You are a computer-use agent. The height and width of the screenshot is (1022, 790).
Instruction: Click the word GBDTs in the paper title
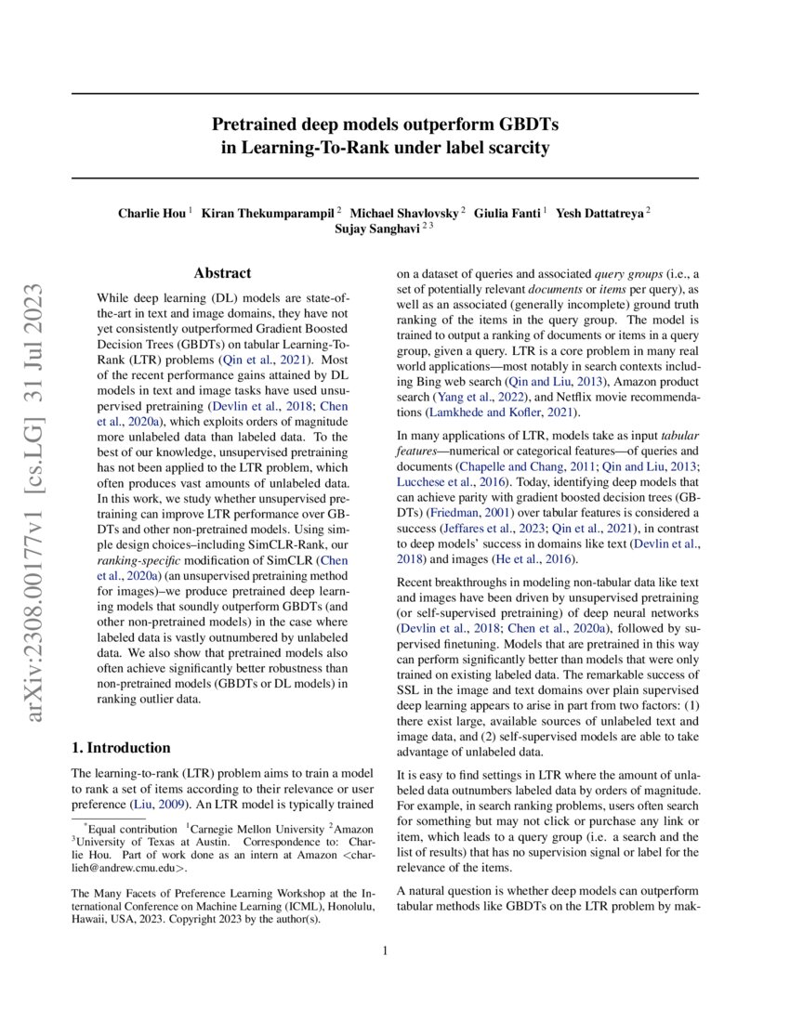point(517,124)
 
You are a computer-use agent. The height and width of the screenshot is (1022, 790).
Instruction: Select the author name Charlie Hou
point(151,213)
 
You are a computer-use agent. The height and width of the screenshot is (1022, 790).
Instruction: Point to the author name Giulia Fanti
point(507,213)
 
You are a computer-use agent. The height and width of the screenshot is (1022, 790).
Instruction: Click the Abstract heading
point(222,273)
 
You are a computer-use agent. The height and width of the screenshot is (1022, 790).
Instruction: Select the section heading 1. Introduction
point(121,747)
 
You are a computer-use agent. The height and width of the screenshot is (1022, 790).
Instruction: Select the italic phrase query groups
point(625,274)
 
